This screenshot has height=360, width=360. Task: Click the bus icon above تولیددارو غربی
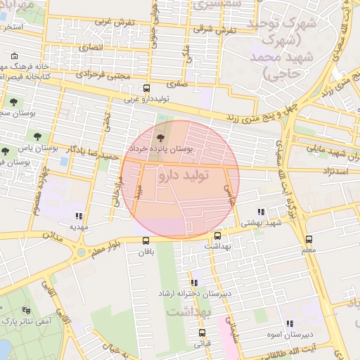point(146,88)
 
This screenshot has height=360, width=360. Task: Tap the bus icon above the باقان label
point(146,240)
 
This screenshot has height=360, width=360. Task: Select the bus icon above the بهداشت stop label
point(217,236)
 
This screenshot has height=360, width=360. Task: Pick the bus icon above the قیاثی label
point(202,333)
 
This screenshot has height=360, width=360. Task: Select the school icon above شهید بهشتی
point(261,212)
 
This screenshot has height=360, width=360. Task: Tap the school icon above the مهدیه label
point(79,216)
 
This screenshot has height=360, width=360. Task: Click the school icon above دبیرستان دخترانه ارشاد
point(194,283)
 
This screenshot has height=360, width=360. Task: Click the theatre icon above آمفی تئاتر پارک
point(27,309)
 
